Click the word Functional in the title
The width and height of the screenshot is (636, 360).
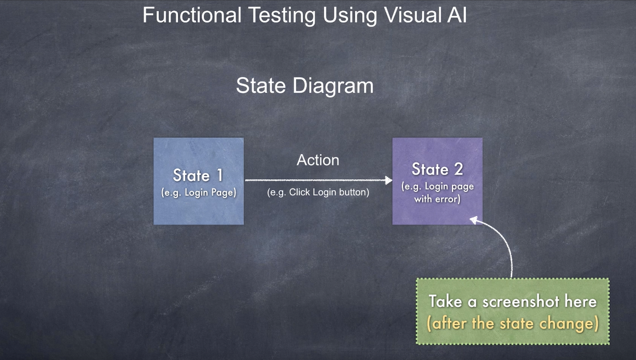pyautogui.click(x=192, y=15)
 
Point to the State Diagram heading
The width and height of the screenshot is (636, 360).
pyautogui.click(x=304, y=85)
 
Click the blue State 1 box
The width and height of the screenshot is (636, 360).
pyautogui.click(x=198, y=181)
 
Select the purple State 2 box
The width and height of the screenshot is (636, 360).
pyautogui.click(x=437, y=181)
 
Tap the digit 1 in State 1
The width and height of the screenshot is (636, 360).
pyautogui.click(x=219, y=175)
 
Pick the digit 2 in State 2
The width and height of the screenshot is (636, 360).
pyautogui.click(x=458, y=169)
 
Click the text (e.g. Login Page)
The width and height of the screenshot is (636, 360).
pyautogui.click(x=198, y=192)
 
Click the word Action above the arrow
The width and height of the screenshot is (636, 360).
pyautogui.click(x=318, y=160)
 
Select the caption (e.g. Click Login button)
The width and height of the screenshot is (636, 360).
pyautogui.click(x=318, y=192)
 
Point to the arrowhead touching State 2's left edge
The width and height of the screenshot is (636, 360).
pyautogui.click(x=388, y=180)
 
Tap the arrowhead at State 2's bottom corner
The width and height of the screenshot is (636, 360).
pyautogui.click(x=473, y=220)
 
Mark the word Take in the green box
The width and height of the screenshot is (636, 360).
pyautogui.click(x=445, y=301)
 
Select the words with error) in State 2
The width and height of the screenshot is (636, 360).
pyautogui.click(x=437, y=199)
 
